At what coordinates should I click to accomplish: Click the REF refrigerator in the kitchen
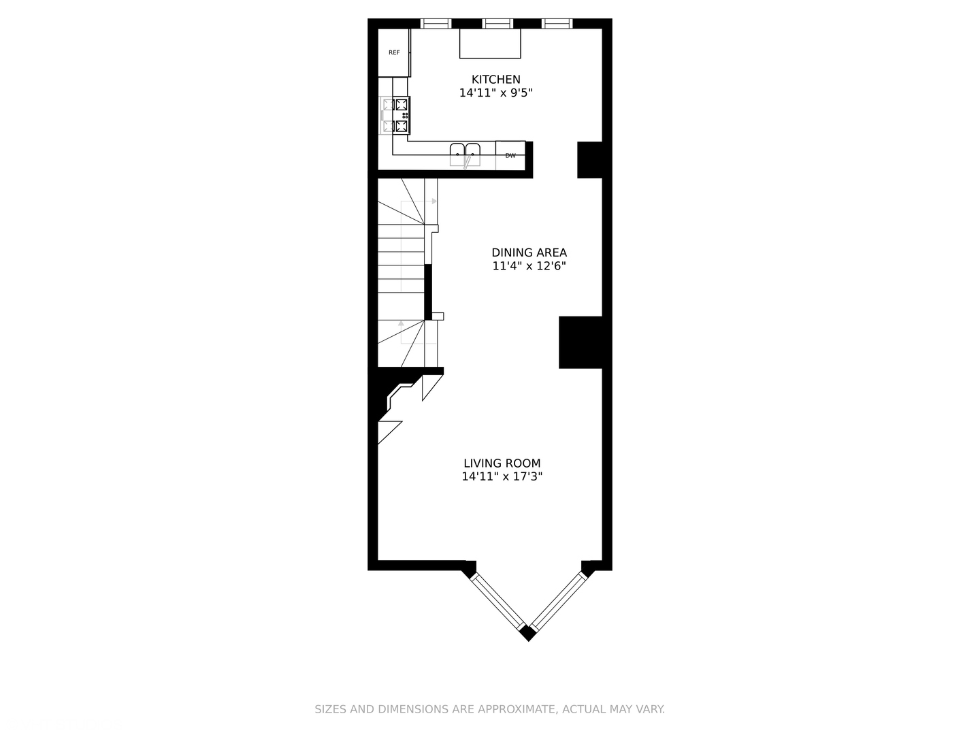tap(394, 52)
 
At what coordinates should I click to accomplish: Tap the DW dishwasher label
tap(510, 156)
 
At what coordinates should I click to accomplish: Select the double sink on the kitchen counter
tap(465, 154)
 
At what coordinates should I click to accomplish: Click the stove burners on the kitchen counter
tap(402, 116)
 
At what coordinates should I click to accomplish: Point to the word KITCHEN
tap(495, 80)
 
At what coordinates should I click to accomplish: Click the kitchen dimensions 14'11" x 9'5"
tap(495, 93)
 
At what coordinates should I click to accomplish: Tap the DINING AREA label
tap(529, 252)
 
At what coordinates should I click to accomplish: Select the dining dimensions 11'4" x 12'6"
tap(529, 266)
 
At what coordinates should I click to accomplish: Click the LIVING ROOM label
tap(502, 463)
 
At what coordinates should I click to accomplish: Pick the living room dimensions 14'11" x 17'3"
tap(502, 477)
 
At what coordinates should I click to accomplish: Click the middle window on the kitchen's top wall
tap(497, 24)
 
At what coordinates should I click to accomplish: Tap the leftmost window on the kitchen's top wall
tap(436, 24)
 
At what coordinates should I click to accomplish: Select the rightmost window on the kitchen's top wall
tap(557, 24)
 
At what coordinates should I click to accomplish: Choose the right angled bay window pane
tap(557, 601)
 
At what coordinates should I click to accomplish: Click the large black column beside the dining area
tap(581, 342)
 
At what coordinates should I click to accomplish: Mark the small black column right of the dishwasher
tap(589, 160)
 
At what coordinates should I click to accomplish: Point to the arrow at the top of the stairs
tap(434, 201)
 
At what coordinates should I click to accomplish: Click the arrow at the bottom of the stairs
tap(402, 324)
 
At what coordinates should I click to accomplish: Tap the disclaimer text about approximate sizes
tap(489, 709)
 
